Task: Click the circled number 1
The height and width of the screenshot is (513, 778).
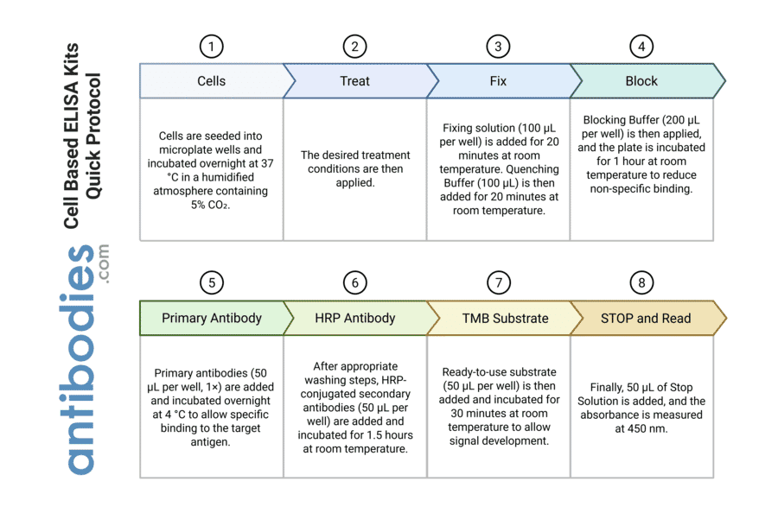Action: (211, 47)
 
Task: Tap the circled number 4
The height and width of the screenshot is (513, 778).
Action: (641, 47)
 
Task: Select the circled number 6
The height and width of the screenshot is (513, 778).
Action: (354, 282)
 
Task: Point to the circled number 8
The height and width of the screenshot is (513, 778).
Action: (641, 282)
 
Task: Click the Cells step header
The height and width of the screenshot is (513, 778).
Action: (211, 81)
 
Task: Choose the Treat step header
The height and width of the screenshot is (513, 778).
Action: (354, 81)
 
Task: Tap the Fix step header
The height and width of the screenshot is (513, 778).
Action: (498, 81)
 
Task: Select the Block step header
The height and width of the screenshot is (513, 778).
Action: (641, 81)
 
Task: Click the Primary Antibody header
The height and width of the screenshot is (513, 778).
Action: (211, 318)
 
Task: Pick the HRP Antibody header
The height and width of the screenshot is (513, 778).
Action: (354, 318)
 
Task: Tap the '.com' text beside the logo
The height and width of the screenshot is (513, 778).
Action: (105, 264)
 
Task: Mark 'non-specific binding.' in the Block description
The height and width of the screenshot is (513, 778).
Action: (641, 188)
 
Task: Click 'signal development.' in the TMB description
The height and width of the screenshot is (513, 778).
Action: (499, 441)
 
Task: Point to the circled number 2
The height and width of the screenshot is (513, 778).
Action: (354, 47)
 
